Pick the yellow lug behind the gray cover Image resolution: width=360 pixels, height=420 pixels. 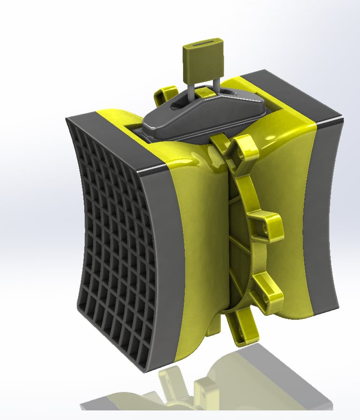[x=164, y=96]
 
